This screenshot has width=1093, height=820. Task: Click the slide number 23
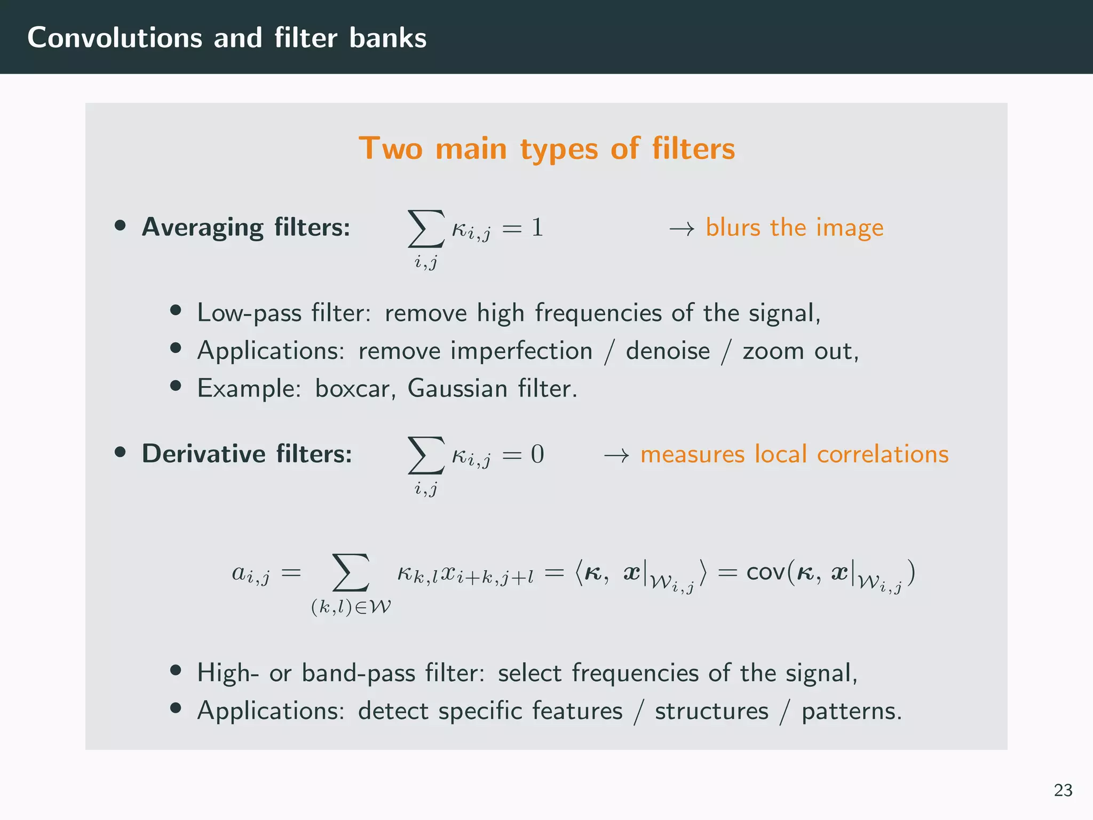pyautogui.click(x=1063, y=790)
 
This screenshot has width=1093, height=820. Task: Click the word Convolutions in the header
pyautogui.click(x=115, y=38)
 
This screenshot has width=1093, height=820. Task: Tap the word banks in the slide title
pyautogui.click(x=388, y=38)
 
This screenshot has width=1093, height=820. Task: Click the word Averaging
pyautogui.click(x=202, y=228)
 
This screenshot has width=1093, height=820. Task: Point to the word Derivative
pyautogui.click(x=203, y=454)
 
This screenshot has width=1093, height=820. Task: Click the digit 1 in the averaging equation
pyautogui.click(x=537, y=228)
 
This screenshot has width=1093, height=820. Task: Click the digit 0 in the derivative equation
pyautogui.click(x=537, y=454)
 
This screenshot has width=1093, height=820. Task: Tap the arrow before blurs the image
pyautogui.click(x=682, y=229)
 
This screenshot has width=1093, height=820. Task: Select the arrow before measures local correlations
pyautogui.click(x=616, y=455)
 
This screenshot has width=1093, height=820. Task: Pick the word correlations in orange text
pyautogui.click(x=883, y=454)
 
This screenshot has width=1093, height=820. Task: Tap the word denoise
pyautogui.click(x=668, y=351)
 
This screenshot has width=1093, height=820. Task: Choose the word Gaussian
pyautogui.click(x=457, y=389)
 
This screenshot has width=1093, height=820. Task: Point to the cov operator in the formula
pyautogui.click(x=765, y=572)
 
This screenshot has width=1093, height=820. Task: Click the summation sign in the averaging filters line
pyautogui.click(x=426, y=228)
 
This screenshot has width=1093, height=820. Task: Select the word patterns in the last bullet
pyautogui.click(x=851, y=712)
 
